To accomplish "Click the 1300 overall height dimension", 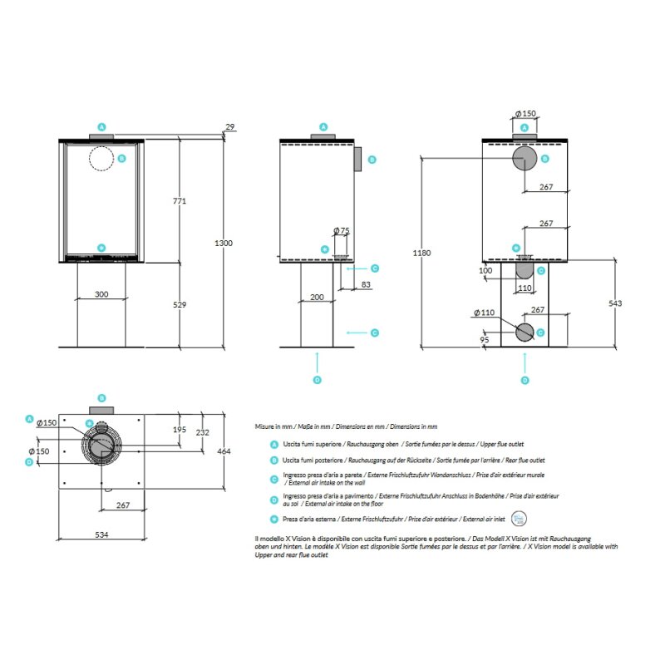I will (x=223, y=244).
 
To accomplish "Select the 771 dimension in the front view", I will (x=179, y=201).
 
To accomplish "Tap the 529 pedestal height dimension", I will (x=179, y=305).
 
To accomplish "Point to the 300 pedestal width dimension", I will (x=101, y=294).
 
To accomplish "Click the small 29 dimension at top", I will (x=229, y=127).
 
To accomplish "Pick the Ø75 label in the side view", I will (x=341, y=230).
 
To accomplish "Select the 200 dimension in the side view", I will (x=317, y=297).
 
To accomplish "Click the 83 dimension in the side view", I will (x=366, y=285).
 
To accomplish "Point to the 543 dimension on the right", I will (x=614, y=303).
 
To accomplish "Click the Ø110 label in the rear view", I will (x=485, y=313).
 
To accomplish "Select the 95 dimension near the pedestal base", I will (x=485, y=339).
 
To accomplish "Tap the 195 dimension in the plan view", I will (x=180, y=430).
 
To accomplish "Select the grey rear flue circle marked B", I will (x=525, y=157).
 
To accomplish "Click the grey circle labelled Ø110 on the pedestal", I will (x=525, y=332).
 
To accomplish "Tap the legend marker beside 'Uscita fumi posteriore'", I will (x=273, y=460).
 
